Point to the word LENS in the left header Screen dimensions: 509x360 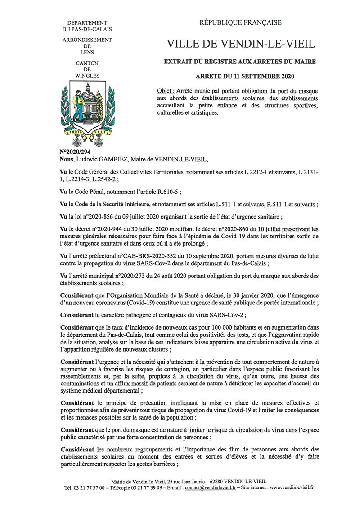coord(87,52)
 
